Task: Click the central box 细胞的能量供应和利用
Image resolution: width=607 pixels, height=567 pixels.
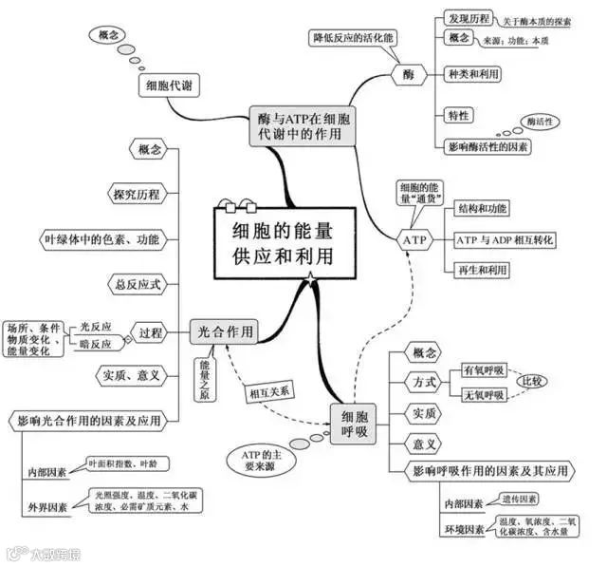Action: click(277, 243)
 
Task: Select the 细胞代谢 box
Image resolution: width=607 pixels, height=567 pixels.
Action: click(169, 86)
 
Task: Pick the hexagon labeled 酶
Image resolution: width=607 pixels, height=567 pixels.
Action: click(408, 73)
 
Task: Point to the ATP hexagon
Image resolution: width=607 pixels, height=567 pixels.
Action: click(415, 240)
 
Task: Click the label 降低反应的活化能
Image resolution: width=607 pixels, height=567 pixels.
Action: click(353, 38)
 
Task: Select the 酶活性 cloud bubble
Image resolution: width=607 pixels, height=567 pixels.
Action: click(540, 122)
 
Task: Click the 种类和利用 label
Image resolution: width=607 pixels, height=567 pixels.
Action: click(474, 73)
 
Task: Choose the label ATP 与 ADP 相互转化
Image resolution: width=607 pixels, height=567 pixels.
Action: click(505, 239)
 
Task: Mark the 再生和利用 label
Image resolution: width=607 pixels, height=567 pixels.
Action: click(482, 270)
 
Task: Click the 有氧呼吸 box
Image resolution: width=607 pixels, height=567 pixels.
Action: click(484, 369)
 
